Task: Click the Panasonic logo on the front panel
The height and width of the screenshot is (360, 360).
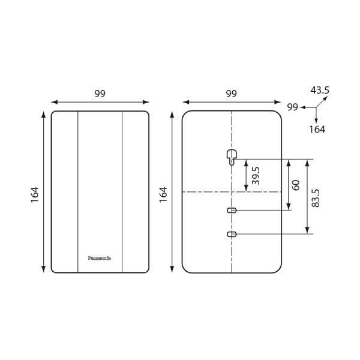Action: pyautogui.click(x=100, y=258)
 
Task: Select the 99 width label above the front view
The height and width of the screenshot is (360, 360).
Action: pyautogui.click(x=100, y=94)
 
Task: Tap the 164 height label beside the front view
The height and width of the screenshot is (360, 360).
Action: pyautogui.click(x=35, y=194)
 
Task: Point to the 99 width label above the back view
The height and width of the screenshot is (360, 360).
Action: pyautogui.click(x=231, y=94)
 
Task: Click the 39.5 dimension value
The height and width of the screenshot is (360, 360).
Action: pyautogui.click(x=256, y=176)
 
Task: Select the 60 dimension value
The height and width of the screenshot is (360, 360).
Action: pyautogui.click(x=295, y=184)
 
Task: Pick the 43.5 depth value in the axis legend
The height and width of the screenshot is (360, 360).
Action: pyautogui.click(x=320, y=90)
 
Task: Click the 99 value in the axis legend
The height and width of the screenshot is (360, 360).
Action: pyautogui.click(x=293, y=107)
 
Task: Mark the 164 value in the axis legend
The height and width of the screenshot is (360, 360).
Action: pyautogui.click(x=317, y=129)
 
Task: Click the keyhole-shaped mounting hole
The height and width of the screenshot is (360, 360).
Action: pyautogui.click(x=232, y=157)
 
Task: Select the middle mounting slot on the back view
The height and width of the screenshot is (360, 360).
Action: pyautogui.click(x=232, y=210)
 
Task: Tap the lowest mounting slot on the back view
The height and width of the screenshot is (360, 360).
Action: pyautogui.click(x=232, y=233)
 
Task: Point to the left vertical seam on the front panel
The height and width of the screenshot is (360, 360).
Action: pyautogui.click(x=78, y=192)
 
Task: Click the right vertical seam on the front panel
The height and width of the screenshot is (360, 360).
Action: pyautogui.click(x=122, y=192)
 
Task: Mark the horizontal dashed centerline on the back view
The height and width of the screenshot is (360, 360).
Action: pyautogui.click(x=204, y=191)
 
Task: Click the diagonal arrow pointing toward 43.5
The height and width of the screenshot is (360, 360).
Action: pyautogui.click(x=323, y=101)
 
